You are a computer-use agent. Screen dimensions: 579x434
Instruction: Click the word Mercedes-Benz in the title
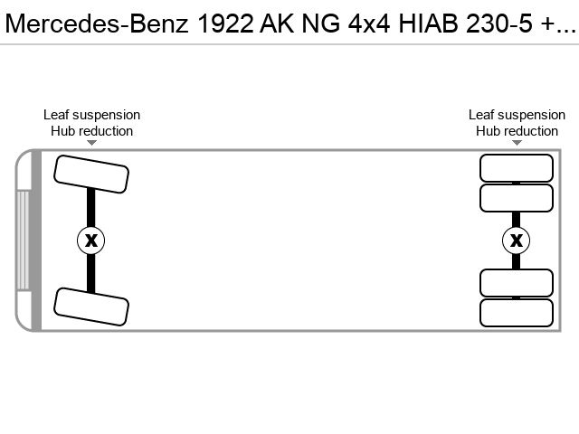[97, 24]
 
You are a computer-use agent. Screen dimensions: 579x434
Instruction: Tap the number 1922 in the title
[225, 24]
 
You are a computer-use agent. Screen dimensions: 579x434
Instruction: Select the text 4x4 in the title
[369, 24]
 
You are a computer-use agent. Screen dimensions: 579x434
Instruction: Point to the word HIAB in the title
[428, 24]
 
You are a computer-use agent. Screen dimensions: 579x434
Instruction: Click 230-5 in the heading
[498, 24]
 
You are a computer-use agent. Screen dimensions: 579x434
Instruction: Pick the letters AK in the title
[277, 24]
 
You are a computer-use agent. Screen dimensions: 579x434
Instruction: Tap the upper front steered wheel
[91, 175]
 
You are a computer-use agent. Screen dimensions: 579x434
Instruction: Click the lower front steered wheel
[91, 307]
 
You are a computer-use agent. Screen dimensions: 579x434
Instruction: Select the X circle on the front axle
[91, 241]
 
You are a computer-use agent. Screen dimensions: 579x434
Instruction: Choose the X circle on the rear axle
[517, 241]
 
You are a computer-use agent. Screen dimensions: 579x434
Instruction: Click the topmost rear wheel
[517, 168]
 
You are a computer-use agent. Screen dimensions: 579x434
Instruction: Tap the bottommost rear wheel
[517, 313]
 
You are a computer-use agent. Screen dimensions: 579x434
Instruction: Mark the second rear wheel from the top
[517, 198]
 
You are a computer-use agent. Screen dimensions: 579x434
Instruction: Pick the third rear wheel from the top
[517, 283]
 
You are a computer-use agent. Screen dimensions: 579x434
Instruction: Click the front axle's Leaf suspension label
[92, 115]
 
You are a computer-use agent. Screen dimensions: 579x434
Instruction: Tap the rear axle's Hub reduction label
[517, 131]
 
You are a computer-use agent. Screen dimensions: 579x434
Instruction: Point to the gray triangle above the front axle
[92, 143]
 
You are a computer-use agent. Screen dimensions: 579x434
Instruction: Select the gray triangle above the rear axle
[517, 143]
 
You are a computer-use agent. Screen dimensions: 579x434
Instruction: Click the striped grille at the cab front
[23, 241]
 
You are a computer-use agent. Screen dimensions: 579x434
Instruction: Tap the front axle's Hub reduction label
[92, 131]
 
